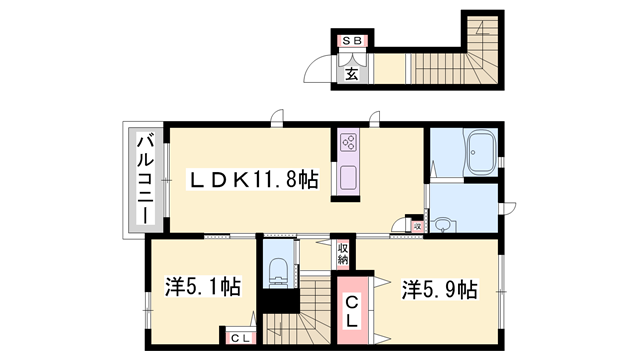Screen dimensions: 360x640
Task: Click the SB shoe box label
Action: click(x=353, y=41)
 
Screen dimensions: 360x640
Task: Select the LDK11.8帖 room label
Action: click(x=255, y=180)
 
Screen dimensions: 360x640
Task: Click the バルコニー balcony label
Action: click(x=144, y=180)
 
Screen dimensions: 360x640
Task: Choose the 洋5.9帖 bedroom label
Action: click(x=439, y=289)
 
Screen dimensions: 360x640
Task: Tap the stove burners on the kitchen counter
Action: click(x=348, y=145)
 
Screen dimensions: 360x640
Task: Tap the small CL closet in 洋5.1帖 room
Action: click(x=241, y=338)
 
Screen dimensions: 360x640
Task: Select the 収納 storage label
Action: click(x=342, y=253)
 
